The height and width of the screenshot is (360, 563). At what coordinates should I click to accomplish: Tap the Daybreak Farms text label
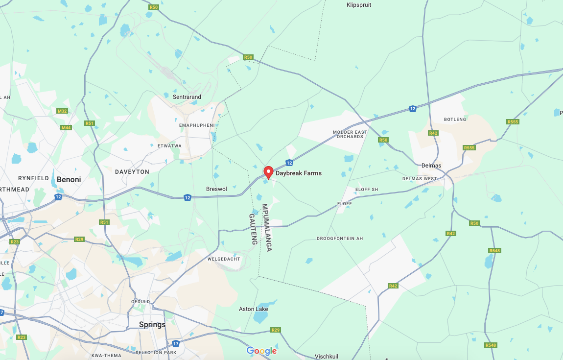pos(299,173)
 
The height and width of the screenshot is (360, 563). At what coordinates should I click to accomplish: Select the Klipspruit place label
pos(359,5)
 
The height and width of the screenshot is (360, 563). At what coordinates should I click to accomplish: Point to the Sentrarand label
pos(187,97)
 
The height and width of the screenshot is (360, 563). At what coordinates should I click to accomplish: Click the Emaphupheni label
pos(197,125)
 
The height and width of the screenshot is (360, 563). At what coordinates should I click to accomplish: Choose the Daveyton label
pos(132,172)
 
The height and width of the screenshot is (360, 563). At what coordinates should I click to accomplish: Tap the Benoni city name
pos(69,180)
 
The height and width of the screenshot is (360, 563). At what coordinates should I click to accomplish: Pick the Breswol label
pos(216,189)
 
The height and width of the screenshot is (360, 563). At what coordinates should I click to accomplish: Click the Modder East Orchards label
pos(350,134)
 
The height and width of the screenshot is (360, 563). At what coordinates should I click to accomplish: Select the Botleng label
pos(455,120)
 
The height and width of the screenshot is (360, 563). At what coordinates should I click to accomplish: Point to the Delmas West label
pos(420,179)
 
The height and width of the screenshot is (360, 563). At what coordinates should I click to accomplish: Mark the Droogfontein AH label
pos(340,239)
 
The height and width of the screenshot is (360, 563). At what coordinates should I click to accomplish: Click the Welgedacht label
pos(224,259)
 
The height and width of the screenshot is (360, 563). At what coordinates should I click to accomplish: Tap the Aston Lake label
pos(253,309)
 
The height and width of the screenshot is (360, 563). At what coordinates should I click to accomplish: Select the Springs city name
pos(152,325)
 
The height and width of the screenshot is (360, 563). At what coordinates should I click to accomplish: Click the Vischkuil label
pos(327,357)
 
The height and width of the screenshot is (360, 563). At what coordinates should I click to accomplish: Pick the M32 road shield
pos(62,111)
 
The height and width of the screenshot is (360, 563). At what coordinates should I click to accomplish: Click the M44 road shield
pos(66,128)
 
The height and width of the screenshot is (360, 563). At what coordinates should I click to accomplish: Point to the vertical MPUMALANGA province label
pos(267,228)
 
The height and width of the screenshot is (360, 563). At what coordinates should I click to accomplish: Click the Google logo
pos(261,351)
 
